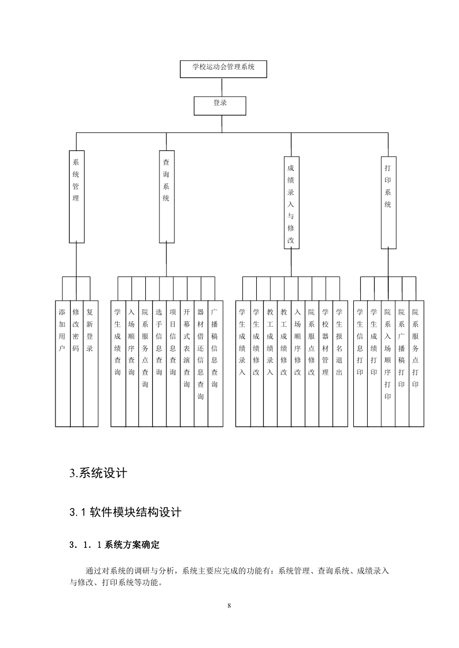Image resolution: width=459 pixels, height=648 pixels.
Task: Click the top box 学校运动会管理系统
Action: click(223, 69)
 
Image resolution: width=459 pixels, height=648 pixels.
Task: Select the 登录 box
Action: click(220, 106)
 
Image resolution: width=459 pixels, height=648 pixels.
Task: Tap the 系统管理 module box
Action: click(77, 197)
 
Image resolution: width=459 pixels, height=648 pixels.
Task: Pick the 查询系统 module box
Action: click(167, 197)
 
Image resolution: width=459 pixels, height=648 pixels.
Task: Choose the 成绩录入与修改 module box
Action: click(292, 203)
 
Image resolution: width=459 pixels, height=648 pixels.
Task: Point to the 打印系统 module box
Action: click(389, 203)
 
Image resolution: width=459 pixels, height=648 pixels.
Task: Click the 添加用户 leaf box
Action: click(63, 364)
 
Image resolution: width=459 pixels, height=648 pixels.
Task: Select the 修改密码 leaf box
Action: click(77, 364)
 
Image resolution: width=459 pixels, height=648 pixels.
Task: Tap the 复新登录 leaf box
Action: click(91, 364)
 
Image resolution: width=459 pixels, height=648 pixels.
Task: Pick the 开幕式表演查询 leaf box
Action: click(187, 364)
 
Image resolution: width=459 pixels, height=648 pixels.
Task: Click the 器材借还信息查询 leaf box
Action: click(201, 364)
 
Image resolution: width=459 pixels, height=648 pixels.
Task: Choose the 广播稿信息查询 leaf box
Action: click(216, 364)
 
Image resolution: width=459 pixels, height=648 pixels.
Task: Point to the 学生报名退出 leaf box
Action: click(340, 364)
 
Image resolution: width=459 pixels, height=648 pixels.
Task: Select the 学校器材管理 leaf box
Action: click(326, 364)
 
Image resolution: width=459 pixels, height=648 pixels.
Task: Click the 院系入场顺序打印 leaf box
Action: click(388, 364)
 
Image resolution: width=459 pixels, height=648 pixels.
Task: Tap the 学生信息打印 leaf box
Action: click(361, 364)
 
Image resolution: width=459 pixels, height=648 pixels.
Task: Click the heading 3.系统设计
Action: click(98, 473)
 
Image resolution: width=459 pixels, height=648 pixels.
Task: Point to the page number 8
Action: click(229, 606)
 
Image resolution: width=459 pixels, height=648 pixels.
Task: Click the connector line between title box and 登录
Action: click(222, 88)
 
